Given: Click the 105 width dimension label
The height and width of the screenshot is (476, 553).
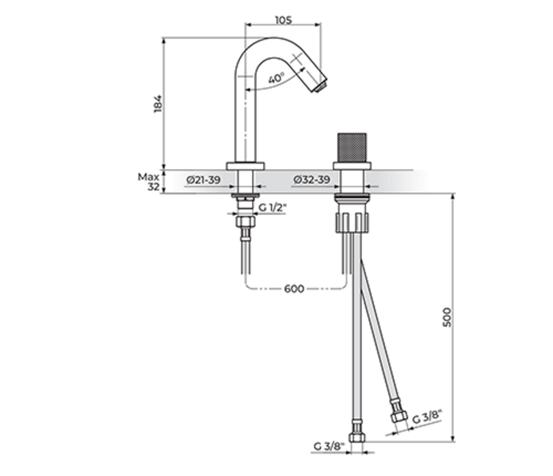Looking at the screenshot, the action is (284, 20).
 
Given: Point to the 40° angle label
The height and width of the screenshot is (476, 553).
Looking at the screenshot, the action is (276, 78).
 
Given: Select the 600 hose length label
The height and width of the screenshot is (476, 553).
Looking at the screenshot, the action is (294, 289).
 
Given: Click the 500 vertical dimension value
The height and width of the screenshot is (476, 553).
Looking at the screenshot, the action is (447, 317).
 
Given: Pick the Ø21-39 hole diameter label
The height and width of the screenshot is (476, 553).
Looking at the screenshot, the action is (204, 180).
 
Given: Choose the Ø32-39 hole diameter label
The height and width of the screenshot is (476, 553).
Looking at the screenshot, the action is (312, 180).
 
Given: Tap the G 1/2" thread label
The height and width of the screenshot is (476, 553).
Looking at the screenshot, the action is (273, 208).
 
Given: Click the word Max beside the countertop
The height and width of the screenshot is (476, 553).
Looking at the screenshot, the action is (148, 177).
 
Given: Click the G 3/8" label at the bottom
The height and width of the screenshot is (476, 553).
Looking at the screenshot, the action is (329, 447).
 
